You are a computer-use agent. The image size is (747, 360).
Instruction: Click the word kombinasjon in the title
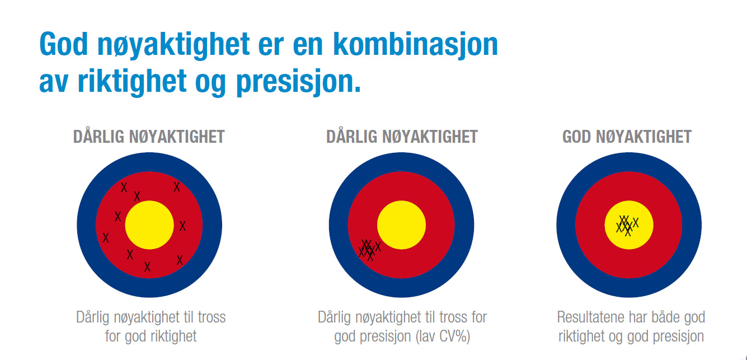pos(415,44)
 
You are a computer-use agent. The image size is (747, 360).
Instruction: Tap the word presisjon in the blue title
pos(298,81)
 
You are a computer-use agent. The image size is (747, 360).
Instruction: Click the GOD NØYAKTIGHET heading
pos(627,137)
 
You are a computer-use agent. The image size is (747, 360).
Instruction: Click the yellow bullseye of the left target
pos(149,225)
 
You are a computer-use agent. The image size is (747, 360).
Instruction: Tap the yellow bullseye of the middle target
pos(402,225)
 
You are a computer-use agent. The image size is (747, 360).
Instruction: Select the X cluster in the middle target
pos(369,250)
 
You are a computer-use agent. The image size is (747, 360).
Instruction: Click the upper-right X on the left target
pos(177,187)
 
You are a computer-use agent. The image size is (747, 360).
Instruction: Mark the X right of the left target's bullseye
pos(182,226)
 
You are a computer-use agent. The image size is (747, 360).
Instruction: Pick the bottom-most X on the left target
pos(147,267)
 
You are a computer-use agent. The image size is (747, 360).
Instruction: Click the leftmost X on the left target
pos(106,238)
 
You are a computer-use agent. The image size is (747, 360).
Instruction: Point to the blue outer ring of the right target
pos(629,162)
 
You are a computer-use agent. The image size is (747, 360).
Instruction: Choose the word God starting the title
pos(63,44)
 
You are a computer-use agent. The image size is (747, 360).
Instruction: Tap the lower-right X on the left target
pos(180,260)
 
